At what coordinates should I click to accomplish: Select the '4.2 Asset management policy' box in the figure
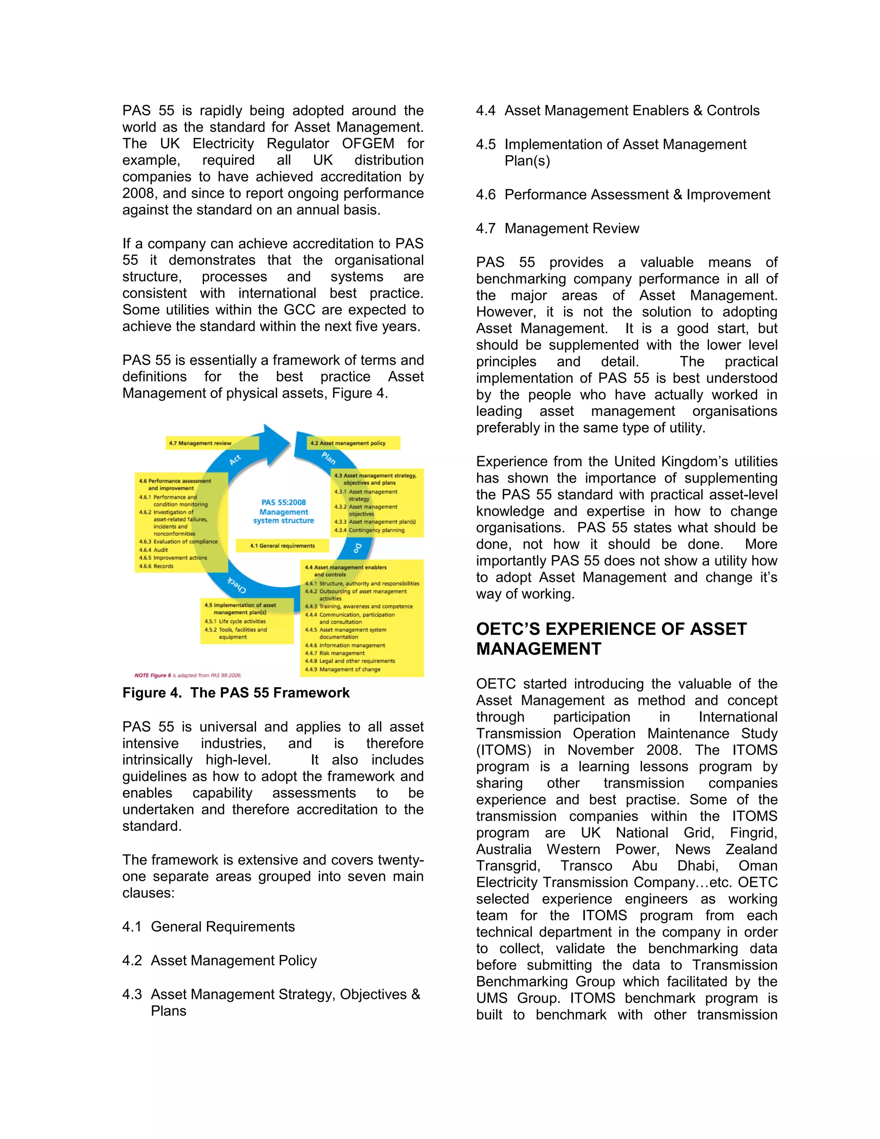pyautogui.click(x=348, y=443)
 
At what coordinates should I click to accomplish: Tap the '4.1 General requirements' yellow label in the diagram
pyautogui.click(x=283, y=545)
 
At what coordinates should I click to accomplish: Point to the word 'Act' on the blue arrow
pyautogui.click(x=235, y=459)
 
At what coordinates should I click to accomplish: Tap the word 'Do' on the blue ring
pyautogui.click(x=357, y=548)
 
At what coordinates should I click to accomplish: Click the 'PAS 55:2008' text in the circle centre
pyautogui.click(x=284, y=502)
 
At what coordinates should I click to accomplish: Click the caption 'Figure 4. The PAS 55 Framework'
pyautogui.click(x=235, y=692)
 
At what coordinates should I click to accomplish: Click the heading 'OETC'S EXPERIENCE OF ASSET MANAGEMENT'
pyautogui.click(x=611, y=639)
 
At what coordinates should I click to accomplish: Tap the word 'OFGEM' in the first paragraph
pyautogui.click(x=368, y=144)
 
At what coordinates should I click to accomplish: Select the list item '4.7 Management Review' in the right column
pyautogui.click(x=557, y=228)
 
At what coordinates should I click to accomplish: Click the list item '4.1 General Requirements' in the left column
pyautogui.click(x=208, y=927)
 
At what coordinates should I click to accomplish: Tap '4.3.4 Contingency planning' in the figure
pyautogui.click(x=369, y=530)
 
